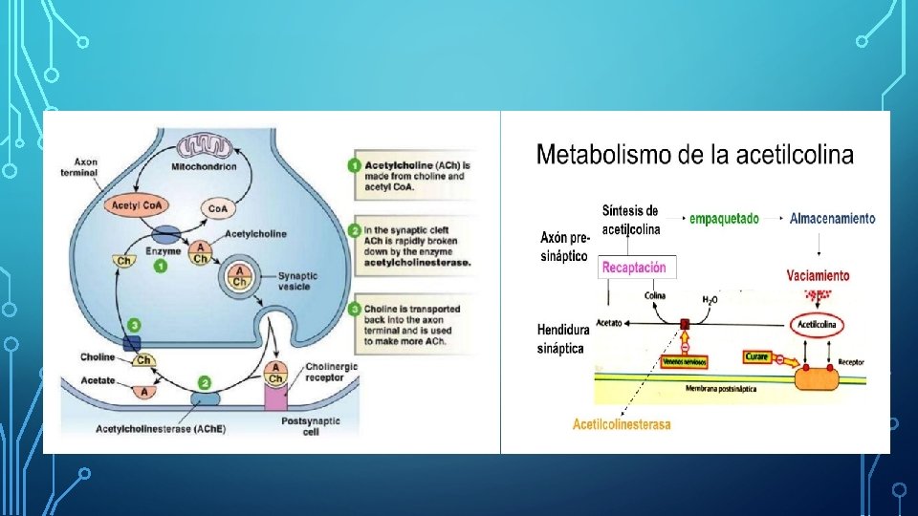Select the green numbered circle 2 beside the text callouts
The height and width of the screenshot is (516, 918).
355,230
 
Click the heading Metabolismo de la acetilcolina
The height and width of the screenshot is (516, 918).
695,155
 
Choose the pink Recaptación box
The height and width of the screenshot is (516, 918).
634,268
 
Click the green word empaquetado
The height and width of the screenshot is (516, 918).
725,219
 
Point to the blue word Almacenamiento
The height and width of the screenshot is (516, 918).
832,219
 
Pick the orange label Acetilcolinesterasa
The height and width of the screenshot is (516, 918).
622,424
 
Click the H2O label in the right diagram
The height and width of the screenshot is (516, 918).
710,299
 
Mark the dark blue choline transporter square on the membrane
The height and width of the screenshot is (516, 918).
131,343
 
